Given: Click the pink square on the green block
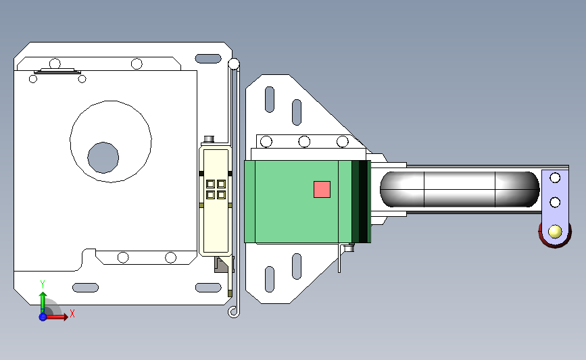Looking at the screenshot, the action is [322, 189].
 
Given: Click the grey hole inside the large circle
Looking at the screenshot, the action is [103, 157].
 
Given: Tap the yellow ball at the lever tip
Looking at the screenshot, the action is [555, 232].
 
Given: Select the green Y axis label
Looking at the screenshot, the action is [43, 284].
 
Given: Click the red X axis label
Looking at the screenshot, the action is [72, 313].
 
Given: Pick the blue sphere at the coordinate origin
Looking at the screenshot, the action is [43, 317].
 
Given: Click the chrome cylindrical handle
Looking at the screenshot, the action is [460, 189].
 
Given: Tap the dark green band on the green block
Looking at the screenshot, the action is [361, 202].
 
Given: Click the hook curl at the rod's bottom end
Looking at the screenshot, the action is [233, 312].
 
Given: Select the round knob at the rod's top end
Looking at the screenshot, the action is [234, 64].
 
